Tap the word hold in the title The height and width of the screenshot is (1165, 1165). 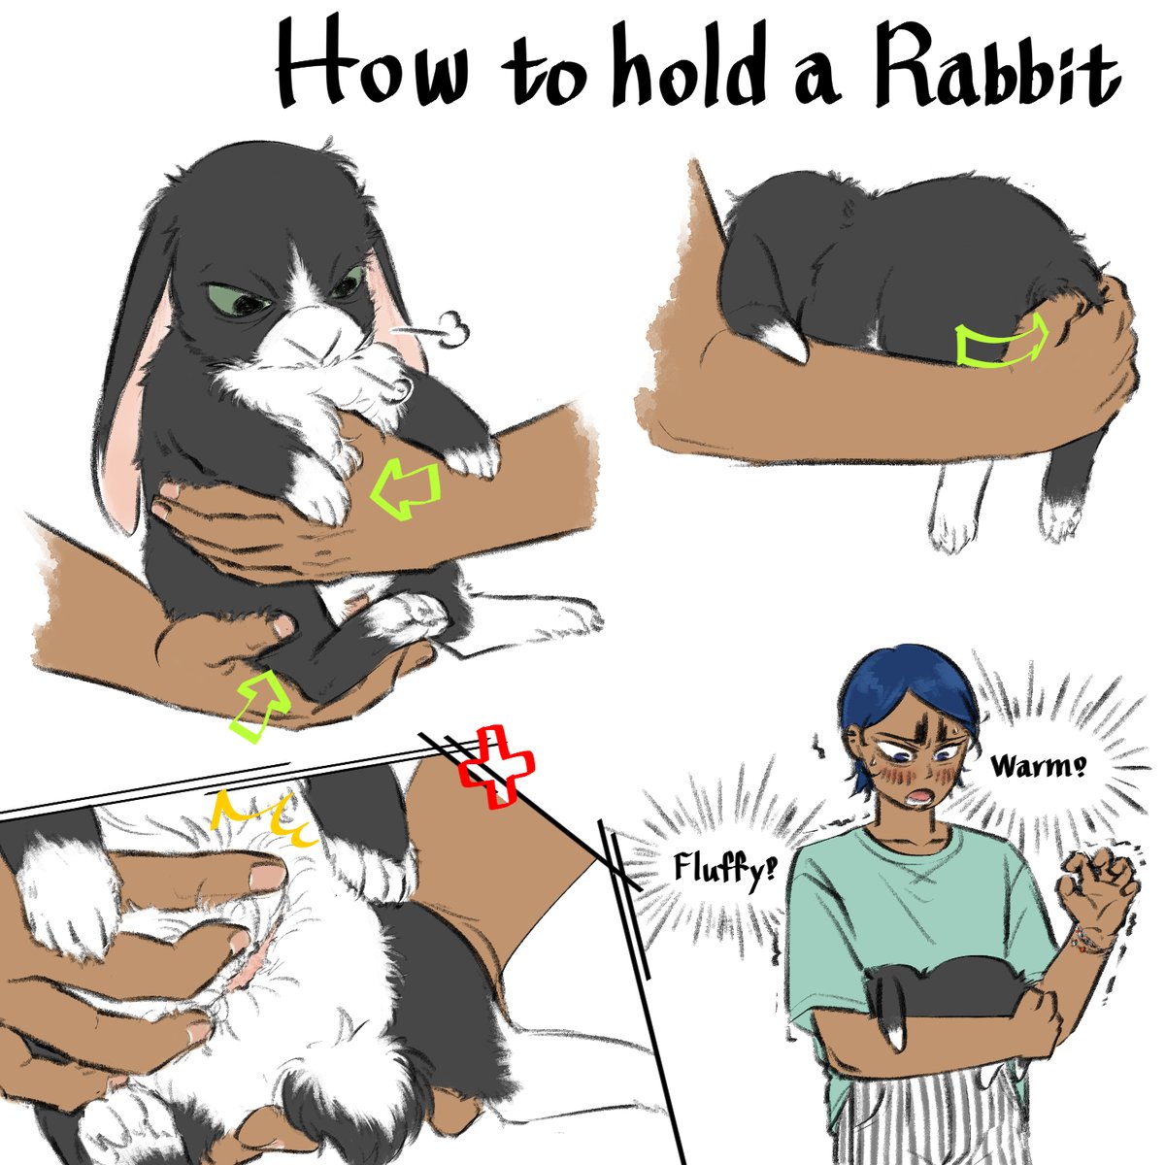[x=688, y=71]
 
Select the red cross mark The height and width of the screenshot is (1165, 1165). [x=496, y=767]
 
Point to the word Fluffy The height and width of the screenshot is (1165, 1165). [x=724, y=871]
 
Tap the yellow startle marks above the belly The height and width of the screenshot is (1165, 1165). [x=265, y=817]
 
